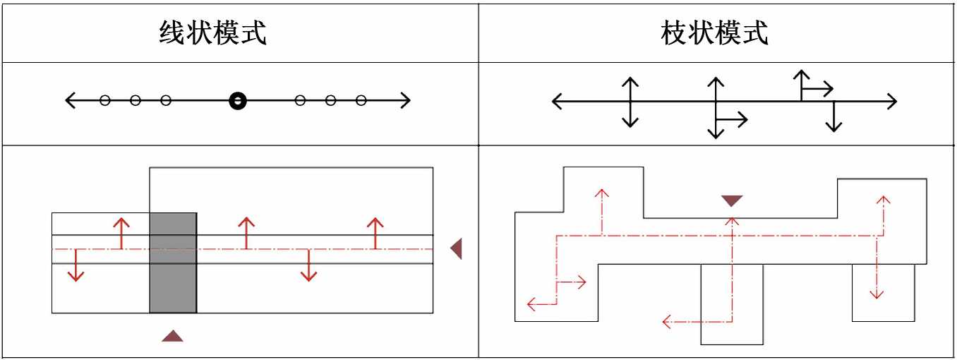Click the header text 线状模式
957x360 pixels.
pos(212,33)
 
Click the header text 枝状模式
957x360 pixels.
pos(714,33)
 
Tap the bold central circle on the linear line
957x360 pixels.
pos(238,101)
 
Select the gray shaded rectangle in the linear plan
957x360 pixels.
pos(173,263)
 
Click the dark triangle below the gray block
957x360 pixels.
pos(172,336)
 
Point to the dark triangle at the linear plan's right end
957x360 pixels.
pos(457,248)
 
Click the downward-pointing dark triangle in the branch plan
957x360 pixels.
pos(732,201)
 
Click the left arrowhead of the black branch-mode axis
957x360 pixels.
pos(556,101)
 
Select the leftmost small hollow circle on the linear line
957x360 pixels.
pos(105,101)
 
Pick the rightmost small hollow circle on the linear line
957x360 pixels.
pos(361,101)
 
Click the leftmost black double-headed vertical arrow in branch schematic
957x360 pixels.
pos(630,102)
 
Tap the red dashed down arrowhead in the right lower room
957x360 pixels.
pos(877,294)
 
